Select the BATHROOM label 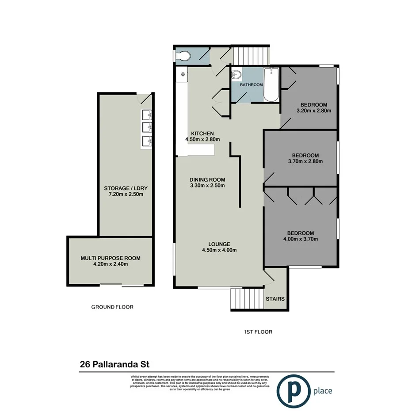(x=251, y=84)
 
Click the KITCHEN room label (x=202, y=134)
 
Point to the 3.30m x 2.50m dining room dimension (x=207, y=186)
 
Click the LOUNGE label (x=220, y=244)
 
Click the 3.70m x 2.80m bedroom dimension (x=305, y=161)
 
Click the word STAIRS (x=275, y=299)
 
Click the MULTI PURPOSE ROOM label (x=111, y=258)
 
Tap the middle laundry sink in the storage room (x=148, y=128)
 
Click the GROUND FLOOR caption (x=112, y=307)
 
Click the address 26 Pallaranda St (x=115, y=365)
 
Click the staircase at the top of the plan (x=251, y=55)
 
